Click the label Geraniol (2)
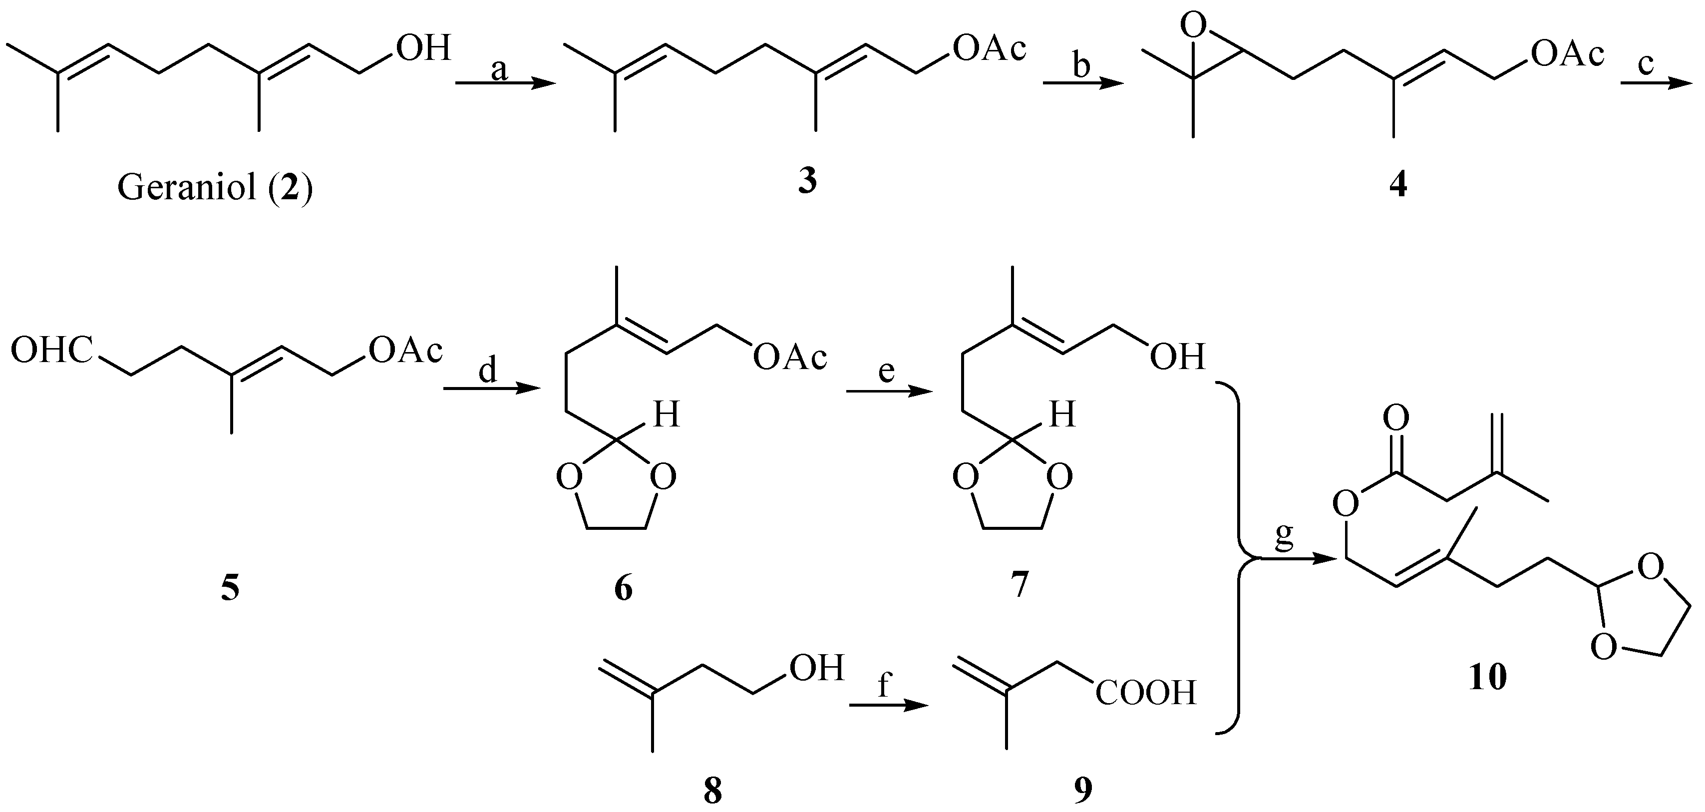click(215, 189)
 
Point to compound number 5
click(230, 588)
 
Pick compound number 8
click(712, 791)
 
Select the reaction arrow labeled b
click(1083, 83)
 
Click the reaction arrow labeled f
click(888, 706)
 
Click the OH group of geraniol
click(423, 48)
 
